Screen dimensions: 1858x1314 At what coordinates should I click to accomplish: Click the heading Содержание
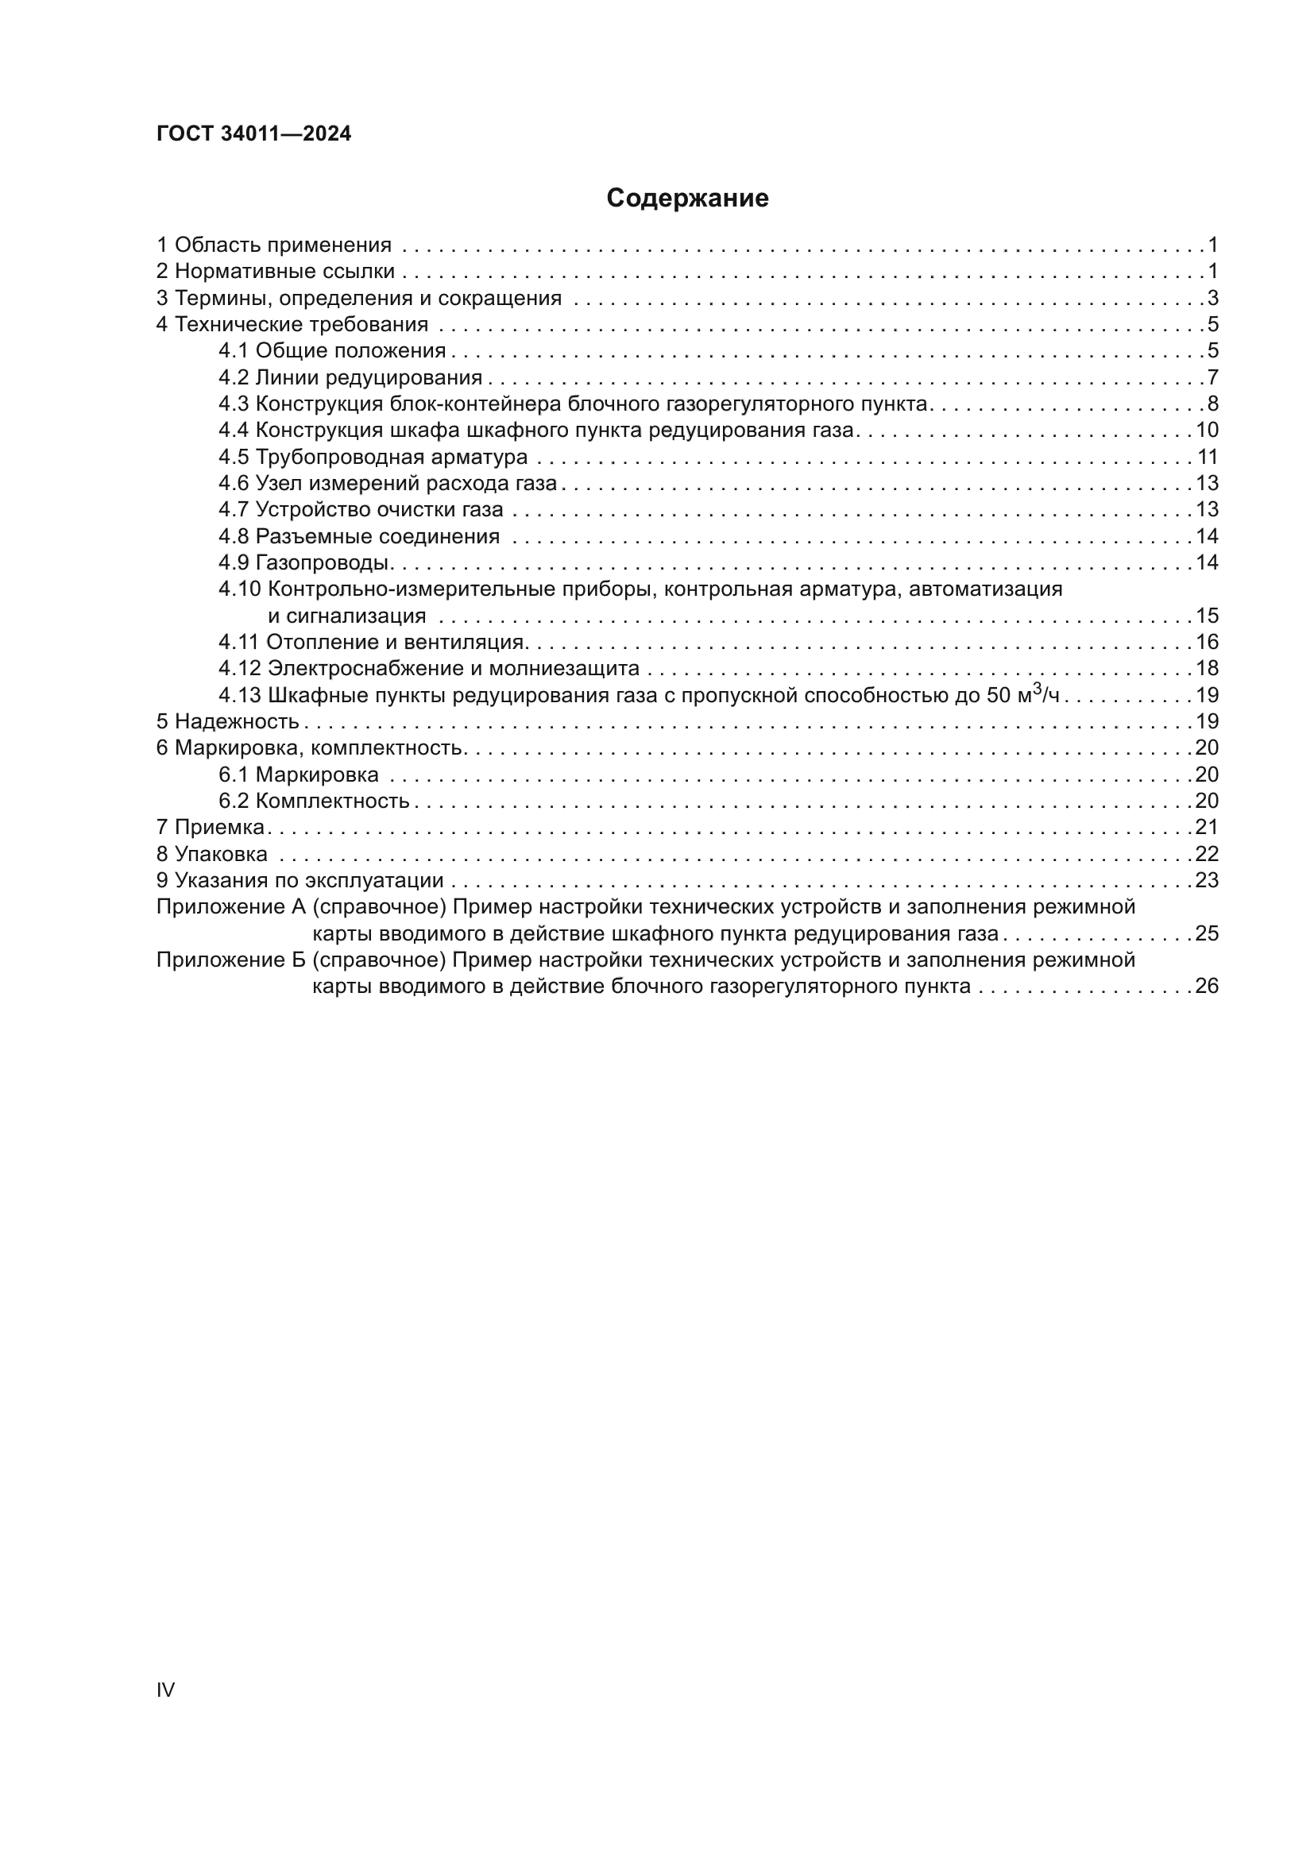coord(687,199)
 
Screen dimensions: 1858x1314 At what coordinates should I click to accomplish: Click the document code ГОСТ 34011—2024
coord(254,134)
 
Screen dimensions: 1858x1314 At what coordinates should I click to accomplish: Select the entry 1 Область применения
coord(273,245)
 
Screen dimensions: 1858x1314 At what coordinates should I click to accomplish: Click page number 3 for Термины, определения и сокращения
coord(1212,299)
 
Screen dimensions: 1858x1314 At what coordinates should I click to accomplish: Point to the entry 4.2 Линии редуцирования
coord(350,378)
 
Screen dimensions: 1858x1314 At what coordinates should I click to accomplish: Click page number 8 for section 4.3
coord(1212,404)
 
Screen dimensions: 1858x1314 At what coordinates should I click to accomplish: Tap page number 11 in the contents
coord(1208,458)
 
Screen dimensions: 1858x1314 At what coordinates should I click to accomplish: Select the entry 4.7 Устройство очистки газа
coord(360,510)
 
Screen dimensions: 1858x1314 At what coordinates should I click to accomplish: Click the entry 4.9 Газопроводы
coord(306,562)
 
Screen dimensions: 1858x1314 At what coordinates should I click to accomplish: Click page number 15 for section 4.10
coord(1207,616)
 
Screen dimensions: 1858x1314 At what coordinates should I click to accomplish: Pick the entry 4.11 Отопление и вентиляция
coord(373,643)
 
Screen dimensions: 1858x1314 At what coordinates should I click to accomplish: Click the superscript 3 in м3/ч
coord(1038,690)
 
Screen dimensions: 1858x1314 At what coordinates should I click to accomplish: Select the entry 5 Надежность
coord(227,722)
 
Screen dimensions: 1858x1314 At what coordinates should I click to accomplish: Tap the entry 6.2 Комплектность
coord(314,802)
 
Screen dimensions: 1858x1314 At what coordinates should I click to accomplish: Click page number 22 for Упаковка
coord(1207,855)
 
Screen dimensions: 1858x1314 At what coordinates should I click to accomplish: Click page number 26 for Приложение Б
coord(1207,987)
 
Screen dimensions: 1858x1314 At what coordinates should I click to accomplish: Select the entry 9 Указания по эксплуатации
coord(300,880)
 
